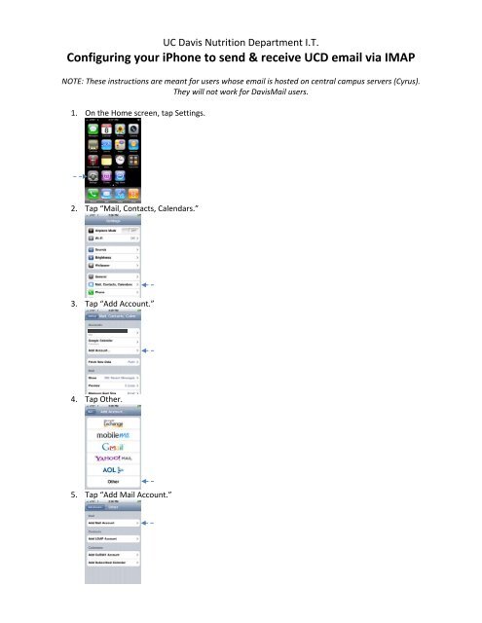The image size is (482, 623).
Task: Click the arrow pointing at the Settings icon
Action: [72, 176]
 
